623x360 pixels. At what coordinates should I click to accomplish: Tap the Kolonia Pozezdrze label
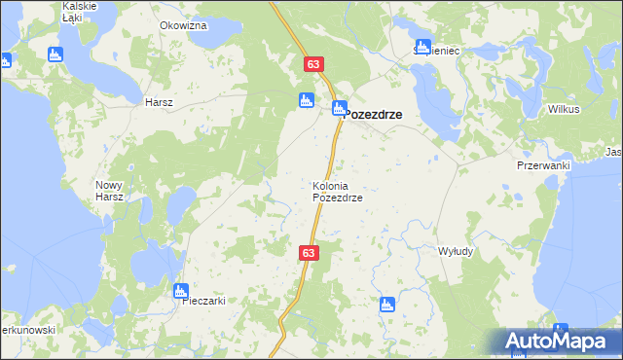click(337, 192)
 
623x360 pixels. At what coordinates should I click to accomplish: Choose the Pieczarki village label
click(204, 301)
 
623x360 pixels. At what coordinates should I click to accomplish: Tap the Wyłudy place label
click(456, 251)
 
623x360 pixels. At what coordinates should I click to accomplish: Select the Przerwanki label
click(542, 165)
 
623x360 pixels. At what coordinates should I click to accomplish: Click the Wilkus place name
click(564, 109)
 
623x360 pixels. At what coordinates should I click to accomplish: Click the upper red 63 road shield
click(312, 64)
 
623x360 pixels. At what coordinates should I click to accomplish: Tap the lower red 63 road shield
click(309, 253)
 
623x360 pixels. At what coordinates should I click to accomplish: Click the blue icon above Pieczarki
click(180, 289)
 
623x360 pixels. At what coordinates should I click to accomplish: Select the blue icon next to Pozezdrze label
click(339, 109)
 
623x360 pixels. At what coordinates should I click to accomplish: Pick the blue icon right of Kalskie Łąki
click(55, 54)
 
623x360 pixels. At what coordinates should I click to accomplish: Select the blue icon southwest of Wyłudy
click(387, 304)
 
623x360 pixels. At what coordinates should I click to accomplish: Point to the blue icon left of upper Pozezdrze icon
click(306, 100)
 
